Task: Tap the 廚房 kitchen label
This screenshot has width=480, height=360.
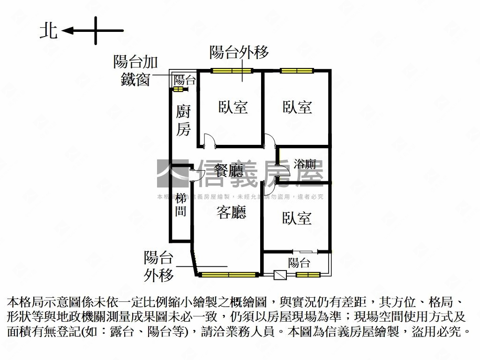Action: pyautogui.click(x=183, y=120)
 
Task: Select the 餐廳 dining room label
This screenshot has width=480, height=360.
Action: pyautogui.click(x=228, y=169)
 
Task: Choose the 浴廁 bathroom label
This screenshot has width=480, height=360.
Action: pyautogui.click(x=305, y=164)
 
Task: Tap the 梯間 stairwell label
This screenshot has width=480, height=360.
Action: pyautogui.click(x=181, y=204)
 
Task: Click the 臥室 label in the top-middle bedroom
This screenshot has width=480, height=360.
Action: pyautogui.click(x=233, y=107)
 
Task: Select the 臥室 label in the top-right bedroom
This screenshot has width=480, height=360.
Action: pyautogui.click(x=297, y=107)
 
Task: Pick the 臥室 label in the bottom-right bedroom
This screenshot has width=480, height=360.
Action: pyautogui.click(x=297, y=218)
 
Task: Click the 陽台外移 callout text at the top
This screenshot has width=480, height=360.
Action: pyautogui.click(x=239, y=52)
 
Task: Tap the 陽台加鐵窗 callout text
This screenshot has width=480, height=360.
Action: pyautogui.click(x=135, y=71)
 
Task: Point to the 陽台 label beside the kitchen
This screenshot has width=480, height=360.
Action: pyautogui.click(x=185, y=79)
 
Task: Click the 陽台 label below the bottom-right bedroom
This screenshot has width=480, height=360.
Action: pyautogui.click(x=299, y=262)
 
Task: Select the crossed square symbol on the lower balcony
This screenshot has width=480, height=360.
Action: pyautogui.click(x=280, y=275)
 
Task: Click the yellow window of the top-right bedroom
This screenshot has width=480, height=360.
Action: pyautogui.click(x=297, y=71)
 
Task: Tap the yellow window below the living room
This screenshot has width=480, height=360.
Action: pyautogui.click(x=228, y=274)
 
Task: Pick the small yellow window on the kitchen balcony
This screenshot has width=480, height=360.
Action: pyautogui.click(x=179, y=89)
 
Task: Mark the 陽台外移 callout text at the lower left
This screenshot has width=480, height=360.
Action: pyautogui.click(x=158, y=266)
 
